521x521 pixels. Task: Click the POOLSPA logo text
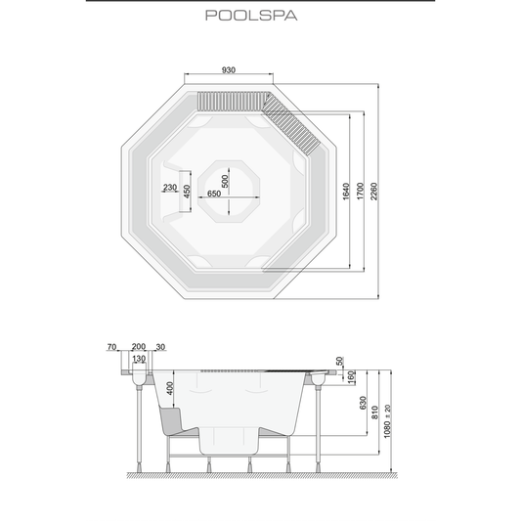[x=251, y=16]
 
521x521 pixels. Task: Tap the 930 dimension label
[x=229, y=70]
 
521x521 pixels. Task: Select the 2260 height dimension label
[x=374, y=192]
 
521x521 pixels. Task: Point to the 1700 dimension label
[x=360, y=192]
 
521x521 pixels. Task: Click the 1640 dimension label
[x=346, y=192]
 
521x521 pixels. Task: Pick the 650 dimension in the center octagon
[x=214, y=194]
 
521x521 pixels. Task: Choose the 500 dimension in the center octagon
[x=225, y=182]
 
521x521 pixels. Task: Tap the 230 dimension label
[x=170, y=188]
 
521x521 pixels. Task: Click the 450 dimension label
[x=187, y=192]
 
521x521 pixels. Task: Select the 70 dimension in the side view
[x=111, y=347]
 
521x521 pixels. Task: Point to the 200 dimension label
[x=139, y=347]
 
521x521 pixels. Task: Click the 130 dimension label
[x=139, y=359]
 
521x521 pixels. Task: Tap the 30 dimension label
[x=160, y=347]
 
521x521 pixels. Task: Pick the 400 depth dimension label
[x=170, y=388]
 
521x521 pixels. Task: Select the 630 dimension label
[x=363, y=403]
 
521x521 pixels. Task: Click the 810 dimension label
[x=374, y=412]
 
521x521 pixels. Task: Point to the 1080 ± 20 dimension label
[x=387, y=421]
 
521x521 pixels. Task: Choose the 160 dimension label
[x=351, y=377]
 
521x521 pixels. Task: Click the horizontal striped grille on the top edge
[x=233, y=101]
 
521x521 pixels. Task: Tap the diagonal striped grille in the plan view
[x=291, y=123]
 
